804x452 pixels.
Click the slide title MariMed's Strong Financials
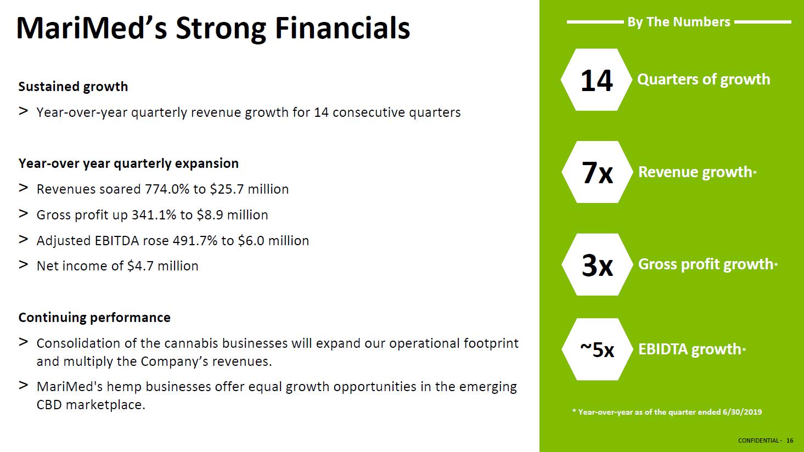click(x=213, y=29)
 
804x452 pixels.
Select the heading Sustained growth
click(x=73, y=87)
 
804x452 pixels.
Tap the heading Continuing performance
click(x=94, y=318)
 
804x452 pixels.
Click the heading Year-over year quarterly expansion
click(x=128, y=163)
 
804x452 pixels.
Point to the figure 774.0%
click(x=167, y=189)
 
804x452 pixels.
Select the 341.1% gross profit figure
click(x=154, y=215)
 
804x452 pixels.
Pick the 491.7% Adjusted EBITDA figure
click(x=195, y=241)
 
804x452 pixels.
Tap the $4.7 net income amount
click(x=140, y=266)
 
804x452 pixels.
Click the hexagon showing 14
click(x=597, y=80)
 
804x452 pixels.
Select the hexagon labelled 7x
click(x=597, y=172)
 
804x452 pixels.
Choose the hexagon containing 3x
click(x=597, y=265)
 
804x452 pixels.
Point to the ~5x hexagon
click(x=597, y=349)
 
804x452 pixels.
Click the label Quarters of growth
click(x=704, y=80)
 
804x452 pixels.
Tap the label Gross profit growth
click(x=706, y=265)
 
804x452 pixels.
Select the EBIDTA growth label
click(x=689, y=349)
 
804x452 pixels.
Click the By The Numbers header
click(x=679, y=22)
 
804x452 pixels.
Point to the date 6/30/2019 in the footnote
click(x=743, y=412)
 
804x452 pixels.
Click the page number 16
click(x=790, y=440)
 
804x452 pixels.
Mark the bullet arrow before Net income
click(x=24, y=265)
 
